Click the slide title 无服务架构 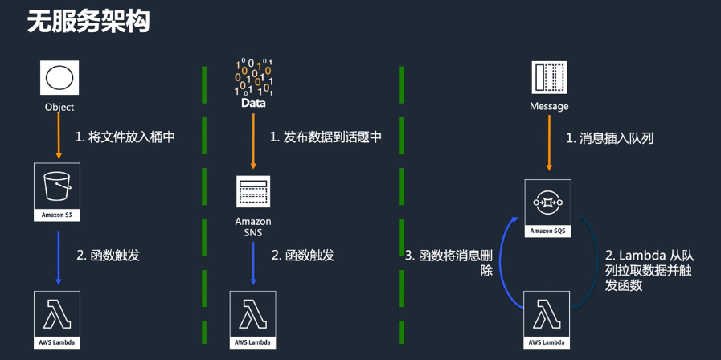pos(88,22)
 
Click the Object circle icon pos(59,79)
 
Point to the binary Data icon pos(253,78)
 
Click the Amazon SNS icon pos(253,192)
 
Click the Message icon pos(549,78)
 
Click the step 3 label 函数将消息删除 pos(454,264)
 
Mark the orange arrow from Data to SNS pos(253,141)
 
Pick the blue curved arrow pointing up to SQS pos(505,257)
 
